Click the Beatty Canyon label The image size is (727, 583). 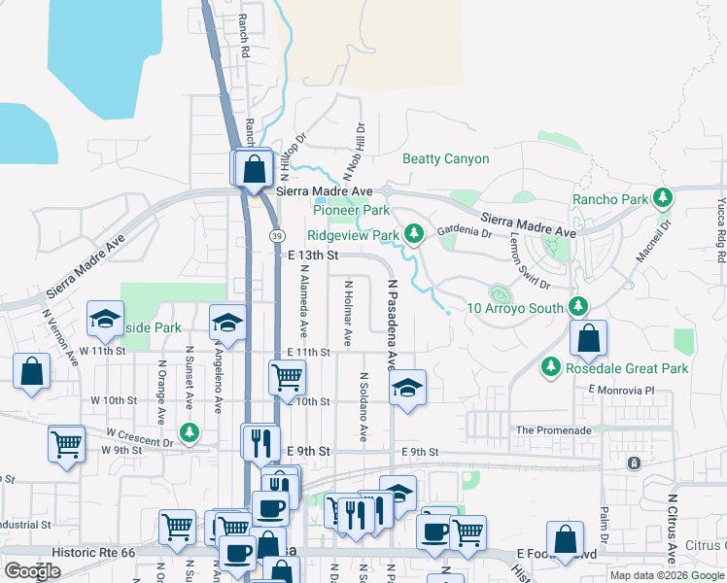coord(446,158)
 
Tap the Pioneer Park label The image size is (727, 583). coord(351,210)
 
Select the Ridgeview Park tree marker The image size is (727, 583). coord(414,233)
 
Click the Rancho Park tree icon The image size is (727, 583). coord(664,199)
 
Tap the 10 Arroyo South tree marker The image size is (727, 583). coord(578,307)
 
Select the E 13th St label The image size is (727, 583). coord(313,255)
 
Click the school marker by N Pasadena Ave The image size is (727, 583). coord(408,388)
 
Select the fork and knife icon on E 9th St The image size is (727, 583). coord(260,442)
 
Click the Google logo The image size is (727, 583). coord(33,571)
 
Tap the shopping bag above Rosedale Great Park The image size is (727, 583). coord(588,339)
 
